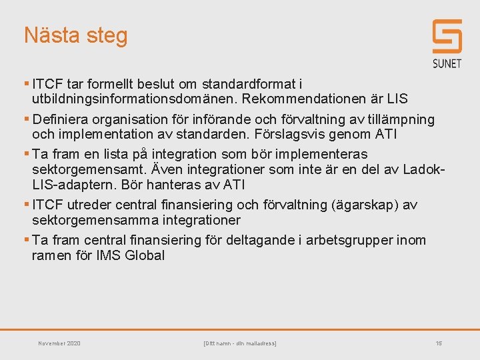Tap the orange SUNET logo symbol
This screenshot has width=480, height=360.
tap(447, 37)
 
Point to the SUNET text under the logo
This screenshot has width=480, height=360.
tap(447, 64)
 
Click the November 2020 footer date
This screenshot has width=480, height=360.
tap(59, 343)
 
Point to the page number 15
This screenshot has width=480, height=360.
tap(438, 343)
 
